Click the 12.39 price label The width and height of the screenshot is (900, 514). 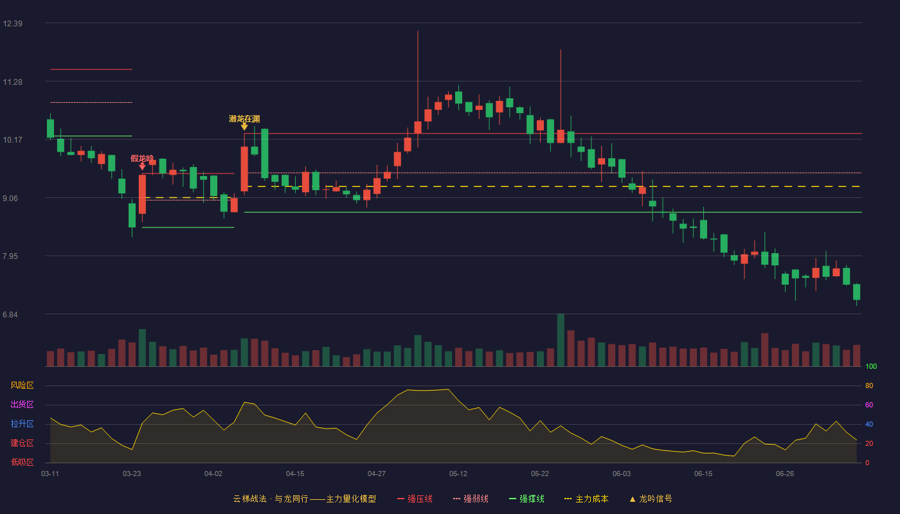tap(12, 24)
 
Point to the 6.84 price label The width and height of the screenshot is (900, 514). tap(10, 315)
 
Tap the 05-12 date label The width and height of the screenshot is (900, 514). tap(458, 474)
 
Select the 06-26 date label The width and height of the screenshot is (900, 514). tap(785, 474)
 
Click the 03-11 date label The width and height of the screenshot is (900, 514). tap(50, 474)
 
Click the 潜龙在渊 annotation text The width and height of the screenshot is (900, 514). tap(244, 119)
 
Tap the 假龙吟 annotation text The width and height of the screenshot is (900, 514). tap(142, 159)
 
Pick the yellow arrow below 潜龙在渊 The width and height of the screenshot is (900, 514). tap(244, 127)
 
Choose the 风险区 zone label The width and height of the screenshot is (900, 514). tap(22, 385)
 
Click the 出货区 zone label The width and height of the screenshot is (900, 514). tap(22, 404)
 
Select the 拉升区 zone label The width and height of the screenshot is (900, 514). tap(22, 423)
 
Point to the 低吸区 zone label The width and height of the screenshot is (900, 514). tap(22, 462)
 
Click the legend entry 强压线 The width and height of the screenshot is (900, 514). tap(415, 499)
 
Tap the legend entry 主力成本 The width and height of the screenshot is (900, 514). tap(586, 499)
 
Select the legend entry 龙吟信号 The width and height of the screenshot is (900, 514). tap(651, 499)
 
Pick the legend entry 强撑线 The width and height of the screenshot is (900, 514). tap(526, 499)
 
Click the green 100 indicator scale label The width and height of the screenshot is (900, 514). tap(871, 366)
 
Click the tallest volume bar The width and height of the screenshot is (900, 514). tap(561, 340)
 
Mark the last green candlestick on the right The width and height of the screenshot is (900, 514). tap(856, 292)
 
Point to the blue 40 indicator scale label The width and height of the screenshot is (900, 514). tap(869, 424)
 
